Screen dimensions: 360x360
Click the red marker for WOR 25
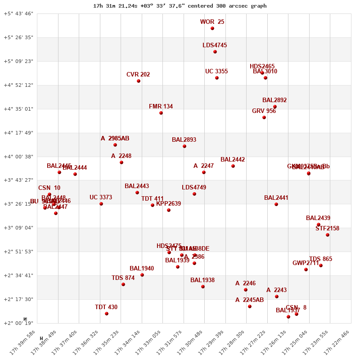point(212,28)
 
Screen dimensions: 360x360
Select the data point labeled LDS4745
point(215,52)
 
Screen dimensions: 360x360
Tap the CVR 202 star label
point(138,75)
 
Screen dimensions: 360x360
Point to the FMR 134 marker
point(161,113)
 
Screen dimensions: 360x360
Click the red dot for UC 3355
point(217,78)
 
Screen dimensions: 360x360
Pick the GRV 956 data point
point(264,117)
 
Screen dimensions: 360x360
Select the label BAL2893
point(184,140)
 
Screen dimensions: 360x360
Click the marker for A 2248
point(121,162)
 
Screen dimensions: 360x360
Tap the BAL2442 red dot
point(233,166)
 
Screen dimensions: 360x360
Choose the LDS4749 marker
point(194,194)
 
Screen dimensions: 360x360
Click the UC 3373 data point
point(101,204)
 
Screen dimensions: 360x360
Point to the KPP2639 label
point(169,204)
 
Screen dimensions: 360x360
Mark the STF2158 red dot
point(328,235)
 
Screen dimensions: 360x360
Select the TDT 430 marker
point(107,314)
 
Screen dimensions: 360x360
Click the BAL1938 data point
point(203,287)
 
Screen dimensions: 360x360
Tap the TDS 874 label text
point(123,278)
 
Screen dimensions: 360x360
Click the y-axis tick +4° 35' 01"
point(18,109)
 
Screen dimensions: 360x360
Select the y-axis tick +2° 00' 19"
point(18,323)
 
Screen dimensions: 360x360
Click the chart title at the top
point(180,6)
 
